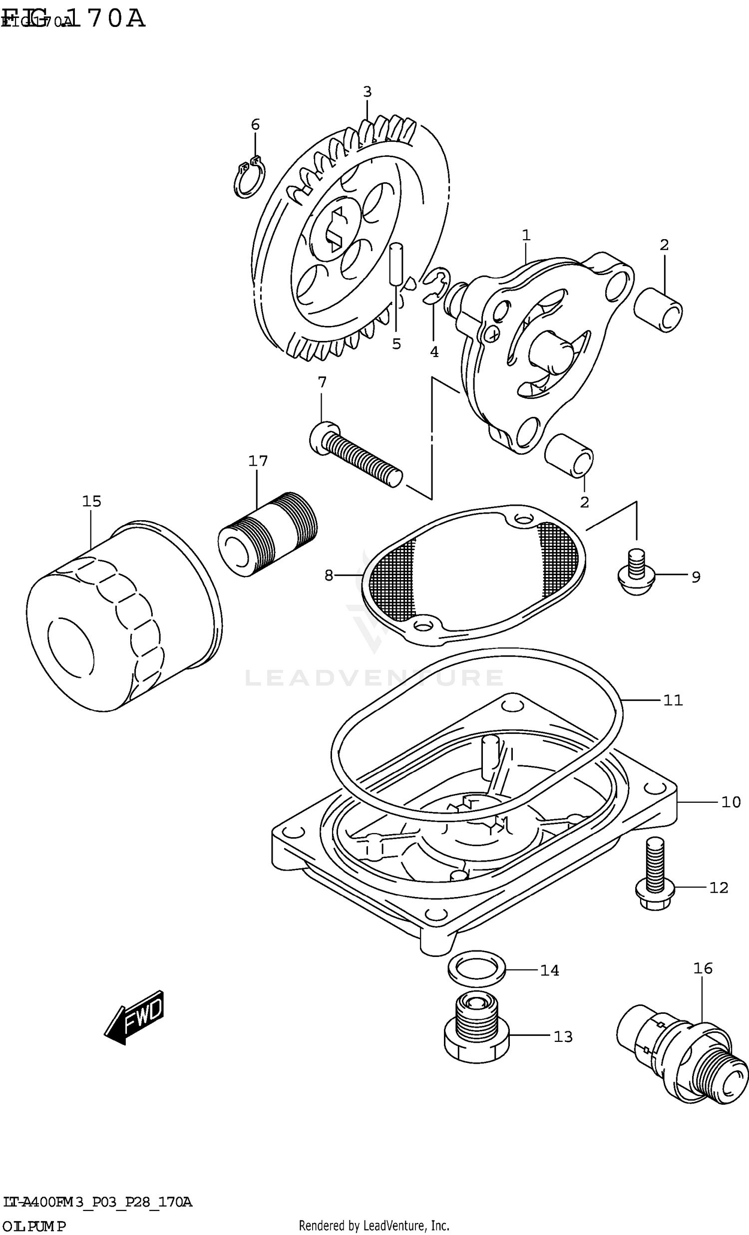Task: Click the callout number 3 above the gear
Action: [367, 92]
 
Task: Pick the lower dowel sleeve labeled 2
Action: [570, 455]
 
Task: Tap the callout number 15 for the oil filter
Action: [92, 501]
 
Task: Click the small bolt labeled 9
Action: [636, 575]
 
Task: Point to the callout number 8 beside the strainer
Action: [329, 576]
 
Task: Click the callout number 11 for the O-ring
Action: [673, 700]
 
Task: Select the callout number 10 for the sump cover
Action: [731, 802]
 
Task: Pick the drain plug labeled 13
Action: [476, 1034]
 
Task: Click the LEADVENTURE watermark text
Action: [374, 678]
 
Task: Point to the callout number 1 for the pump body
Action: [526, 235]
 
